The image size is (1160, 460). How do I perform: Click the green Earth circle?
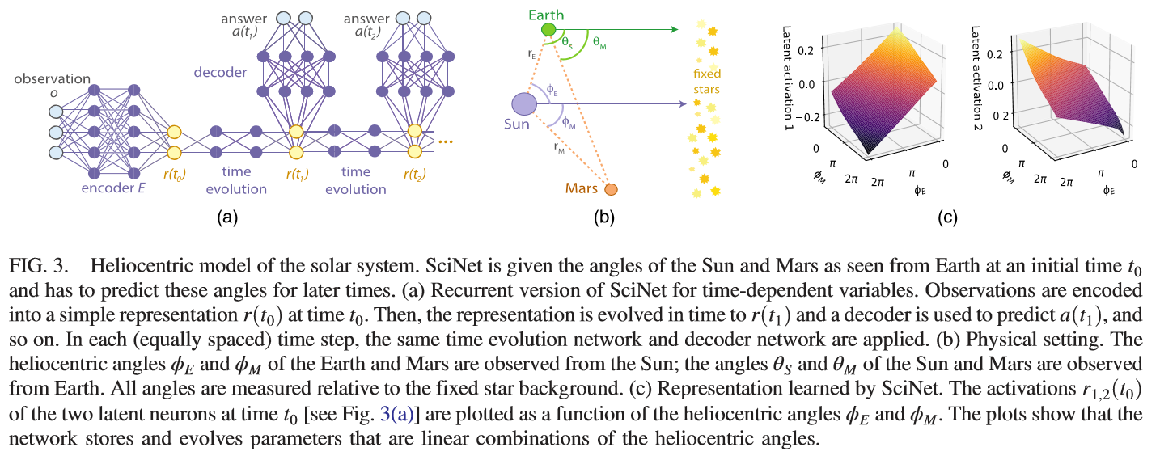pos(548,30)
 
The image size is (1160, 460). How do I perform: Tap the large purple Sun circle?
pos(523,104)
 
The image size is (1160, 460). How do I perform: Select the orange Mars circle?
pos(611,189)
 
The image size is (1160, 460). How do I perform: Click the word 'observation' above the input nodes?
pos(52,78)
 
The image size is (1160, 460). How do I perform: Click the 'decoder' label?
pos(219,72)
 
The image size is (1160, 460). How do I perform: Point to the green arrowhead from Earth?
pos(672,30)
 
